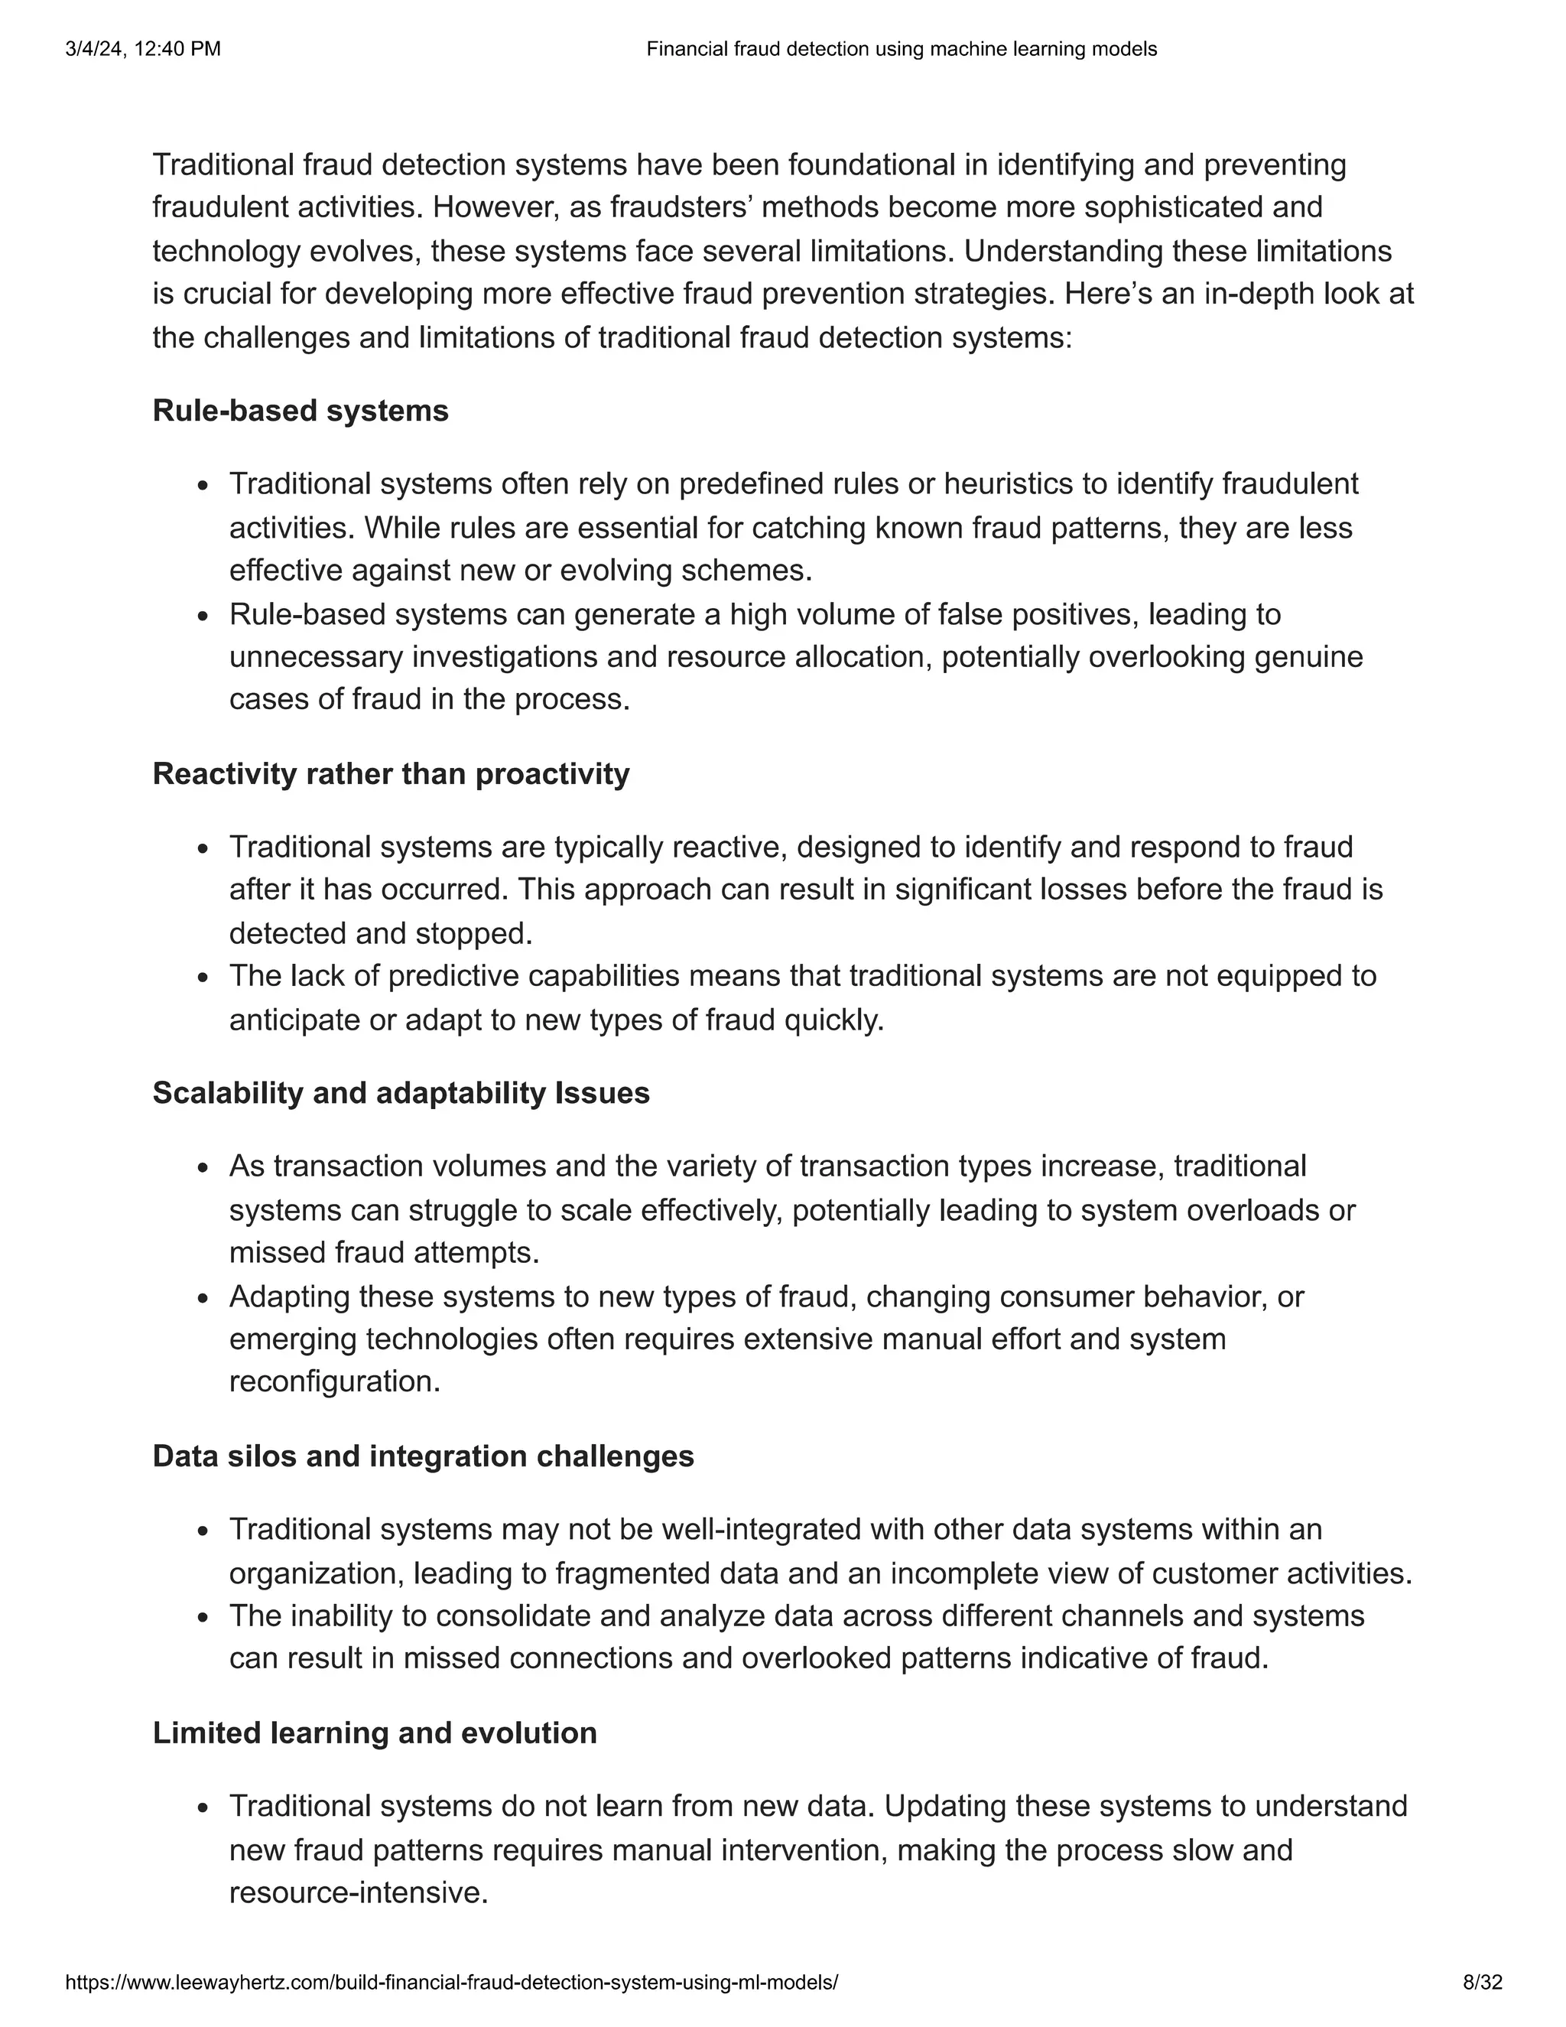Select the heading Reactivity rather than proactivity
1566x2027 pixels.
click(x=391, y=773)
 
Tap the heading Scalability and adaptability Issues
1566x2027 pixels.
click(x=401, y=1092)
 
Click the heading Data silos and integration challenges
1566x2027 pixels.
click(x=423, y=1456)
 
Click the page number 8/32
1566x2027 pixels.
click(x=1482, y=1983)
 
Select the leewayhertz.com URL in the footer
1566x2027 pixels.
click(x=452, y=1983)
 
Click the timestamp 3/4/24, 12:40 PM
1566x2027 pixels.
click(x=143, y=49)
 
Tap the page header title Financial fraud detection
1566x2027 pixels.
click(x=901, y=49)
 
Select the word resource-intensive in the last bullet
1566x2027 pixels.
click(x=357, y=1892)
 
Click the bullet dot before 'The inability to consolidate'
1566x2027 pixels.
click(x=204, y=1619)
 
